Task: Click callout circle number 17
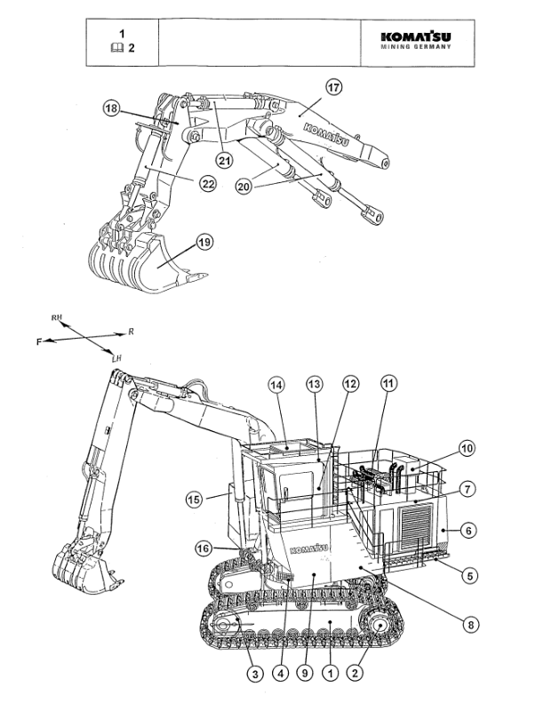[x=333, y=88]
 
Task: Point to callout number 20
[x=244, y=186]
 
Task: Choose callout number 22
[x=206, y=183]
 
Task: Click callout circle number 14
[x=277, y=384]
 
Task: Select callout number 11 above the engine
[x=388, y=383]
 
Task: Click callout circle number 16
[x=205, y=548]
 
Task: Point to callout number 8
[x=468, y=623]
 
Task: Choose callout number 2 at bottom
[x=356, y=675]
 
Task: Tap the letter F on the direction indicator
[x=39, y=341]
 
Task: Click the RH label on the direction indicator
[x=58, y=316]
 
